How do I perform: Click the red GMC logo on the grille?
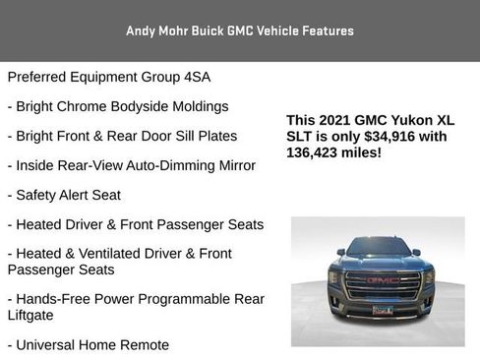[x=382, y=280]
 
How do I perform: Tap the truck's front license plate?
[x=383, y=310]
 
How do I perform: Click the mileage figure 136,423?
[x=317, y=152]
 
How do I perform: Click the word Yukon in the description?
[x=415, y=119]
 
